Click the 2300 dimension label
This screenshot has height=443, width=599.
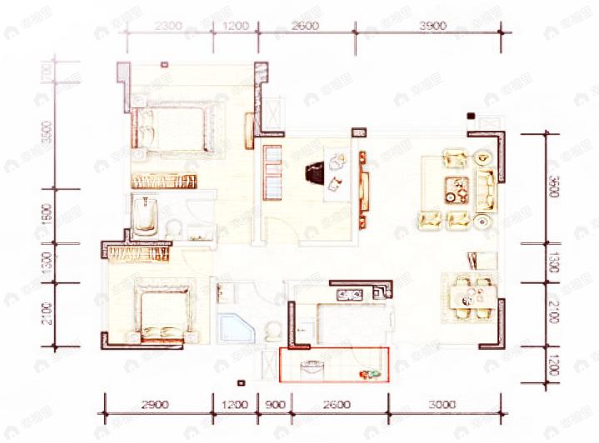click(x=168, y=26)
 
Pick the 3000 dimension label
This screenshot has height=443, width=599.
click(x=443, y=405)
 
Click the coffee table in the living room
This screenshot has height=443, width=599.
click(x=455, y=191)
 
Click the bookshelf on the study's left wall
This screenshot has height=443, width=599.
click(x=272, y=172)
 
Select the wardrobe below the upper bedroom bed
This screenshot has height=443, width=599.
click(x=163, y=180)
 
